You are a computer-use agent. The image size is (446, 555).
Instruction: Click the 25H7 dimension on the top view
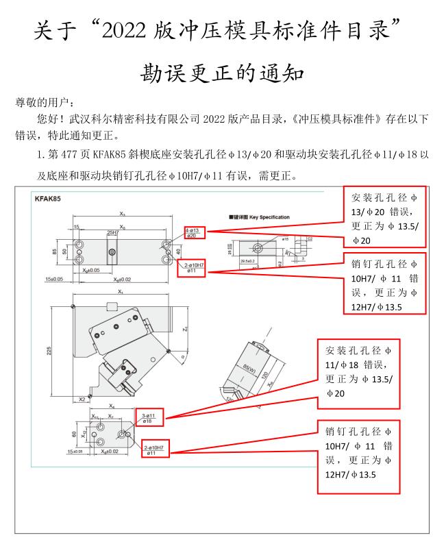pyautogui.click(x=112, y=233)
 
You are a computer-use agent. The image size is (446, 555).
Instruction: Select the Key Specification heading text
pyautogui.click(x=261, y=217)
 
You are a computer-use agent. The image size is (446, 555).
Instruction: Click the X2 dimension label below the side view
pyautogui.click(x=82, y=398)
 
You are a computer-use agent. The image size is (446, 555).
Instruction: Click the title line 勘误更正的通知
pyautogui.click(x=222, y=73)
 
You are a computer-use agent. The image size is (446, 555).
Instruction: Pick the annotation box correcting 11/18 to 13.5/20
pyautogui.click(x=360, y=373)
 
